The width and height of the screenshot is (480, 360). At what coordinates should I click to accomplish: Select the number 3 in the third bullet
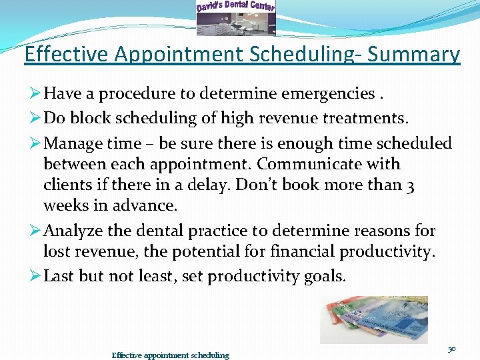tap(410, 186)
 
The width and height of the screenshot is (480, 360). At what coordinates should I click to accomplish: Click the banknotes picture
tap(374, 319)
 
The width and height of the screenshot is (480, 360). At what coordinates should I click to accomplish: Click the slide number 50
tap(452, 348)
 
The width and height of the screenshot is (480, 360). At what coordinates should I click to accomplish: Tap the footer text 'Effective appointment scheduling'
tap(170, 355)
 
